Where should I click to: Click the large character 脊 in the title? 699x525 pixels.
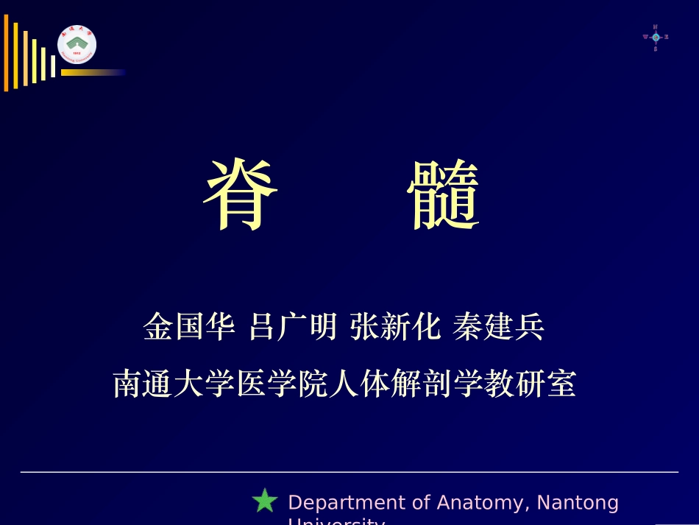(241, 196)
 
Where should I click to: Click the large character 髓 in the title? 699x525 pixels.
(444, 196)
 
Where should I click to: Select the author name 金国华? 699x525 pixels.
(190, 327)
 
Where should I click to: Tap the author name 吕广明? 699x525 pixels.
(293, 327)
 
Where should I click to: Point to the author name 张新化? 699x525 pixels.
(395, 327)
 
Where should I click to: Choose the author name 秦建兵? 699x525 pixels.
(499, 327)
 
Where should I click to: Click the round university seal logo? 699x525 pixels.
(77, 45)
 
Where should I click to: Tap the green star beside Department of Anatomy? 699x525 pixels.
(264, 501)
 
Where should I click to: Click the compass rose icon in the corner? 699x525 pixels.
(655, 37)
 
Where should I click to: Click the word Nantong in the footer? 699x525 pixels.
(578, 503)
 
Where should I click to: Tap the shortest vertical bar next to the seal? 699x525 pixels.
(53, 66)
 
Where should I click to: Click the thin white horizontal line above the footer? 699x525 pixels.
(349, 472)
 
